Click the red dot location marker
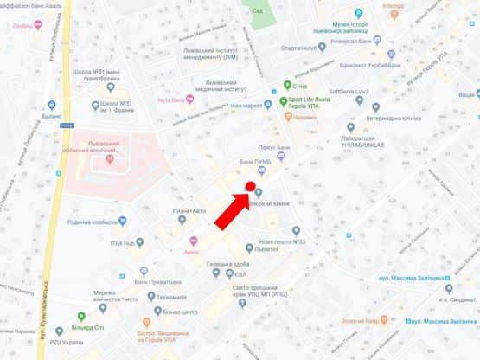250,185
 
